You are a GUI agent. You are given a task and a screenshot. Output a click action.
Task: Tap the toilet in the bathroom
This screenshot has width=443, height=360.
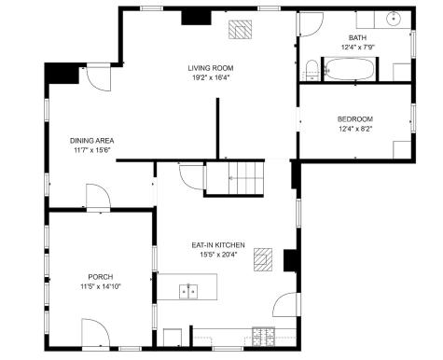tap(311, 67)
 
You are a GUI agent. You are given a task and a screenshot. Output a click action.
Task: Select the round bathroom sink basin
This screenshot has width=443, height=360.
tap(394, 18)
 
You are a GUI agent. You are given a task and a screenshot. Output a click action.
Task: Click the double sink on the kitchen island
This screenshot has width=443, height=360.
tap(190, 292)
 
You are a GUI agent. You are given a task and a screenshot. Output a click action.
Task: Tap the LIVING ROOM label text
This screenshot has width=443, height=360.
tap(210, 68)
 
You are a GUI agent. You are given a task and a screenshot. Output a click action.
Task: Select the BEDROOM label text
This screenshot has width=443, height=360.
tap(354, 119)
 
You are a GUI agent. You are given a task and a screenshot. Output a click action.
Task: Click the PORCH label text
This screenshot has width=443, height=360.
tap(101, 277)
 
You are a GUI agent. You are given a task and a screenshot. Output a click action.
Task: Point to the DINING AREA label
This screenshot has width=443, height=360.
tap(91, 141)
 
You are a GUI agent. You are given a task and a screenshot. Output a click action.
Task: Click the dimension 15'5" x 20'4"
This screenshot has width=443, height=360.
tap(217, 254)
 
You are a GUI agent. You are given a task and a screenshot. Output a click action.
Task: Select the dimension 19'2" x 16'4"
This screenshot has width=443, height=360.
tap(210, 78)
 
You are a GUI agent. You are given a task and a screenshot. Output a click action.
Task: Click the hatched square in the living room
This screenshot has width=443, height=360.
tap(242, 29)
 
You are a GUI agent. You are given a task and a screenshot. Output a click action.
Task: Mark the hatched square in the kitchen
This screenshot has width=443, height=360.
tap(267, 258)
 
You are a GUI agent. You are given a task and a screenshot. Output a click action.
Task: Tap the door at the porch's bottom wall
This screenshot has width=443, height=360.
tap(95, 331)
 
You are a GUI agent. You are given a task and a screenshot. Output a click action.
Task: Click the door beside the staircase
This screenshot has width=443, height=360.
tap(190, 176)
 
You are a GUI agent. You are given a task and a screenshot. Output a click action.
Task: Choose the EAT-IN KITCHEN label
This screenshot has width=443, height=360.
tap(217, 244)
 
